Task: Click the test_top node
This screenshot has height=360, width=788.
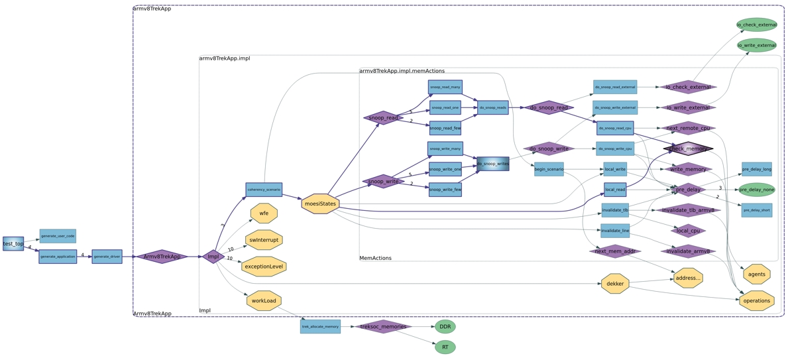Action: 13,243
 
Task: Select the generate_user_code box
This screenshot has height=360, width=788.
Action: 58,236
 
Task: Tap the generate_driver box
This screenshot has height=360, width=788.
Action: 107,257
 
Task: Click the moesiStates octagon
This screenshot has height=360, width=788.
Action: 320,204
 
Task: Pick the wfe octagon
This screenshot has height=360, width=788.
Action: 264,213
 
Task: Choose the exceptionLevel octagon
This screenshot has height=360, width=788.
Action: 264,267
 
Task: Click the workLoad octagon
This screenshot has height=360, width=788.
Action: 264,301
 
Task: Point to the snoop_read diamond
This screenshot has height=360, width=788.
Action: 383,118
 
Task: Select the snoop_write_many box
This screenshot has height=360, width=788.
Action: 445,149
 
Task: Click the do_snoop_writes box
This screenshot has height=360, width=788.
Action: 493,164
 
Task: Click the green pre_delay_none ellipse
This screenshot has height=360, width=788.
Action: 756,190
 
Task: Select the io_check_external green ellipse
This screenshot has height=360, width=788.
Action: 756,25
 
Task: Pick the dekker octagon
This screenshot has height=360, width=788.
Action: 615,284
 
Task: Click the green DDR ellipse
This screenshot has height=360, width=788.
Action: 445,327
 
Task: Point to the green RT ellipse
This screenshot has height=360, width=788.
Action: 445,347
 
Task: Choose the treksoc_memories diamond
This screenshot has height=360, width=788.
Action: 383,327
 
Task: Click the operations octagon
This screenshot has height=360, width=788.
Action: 756,301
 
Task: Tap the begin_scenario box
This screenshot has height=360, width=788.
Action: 549,169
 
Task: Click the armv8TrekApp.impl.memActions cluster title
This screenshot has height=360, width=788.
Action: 402,71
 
